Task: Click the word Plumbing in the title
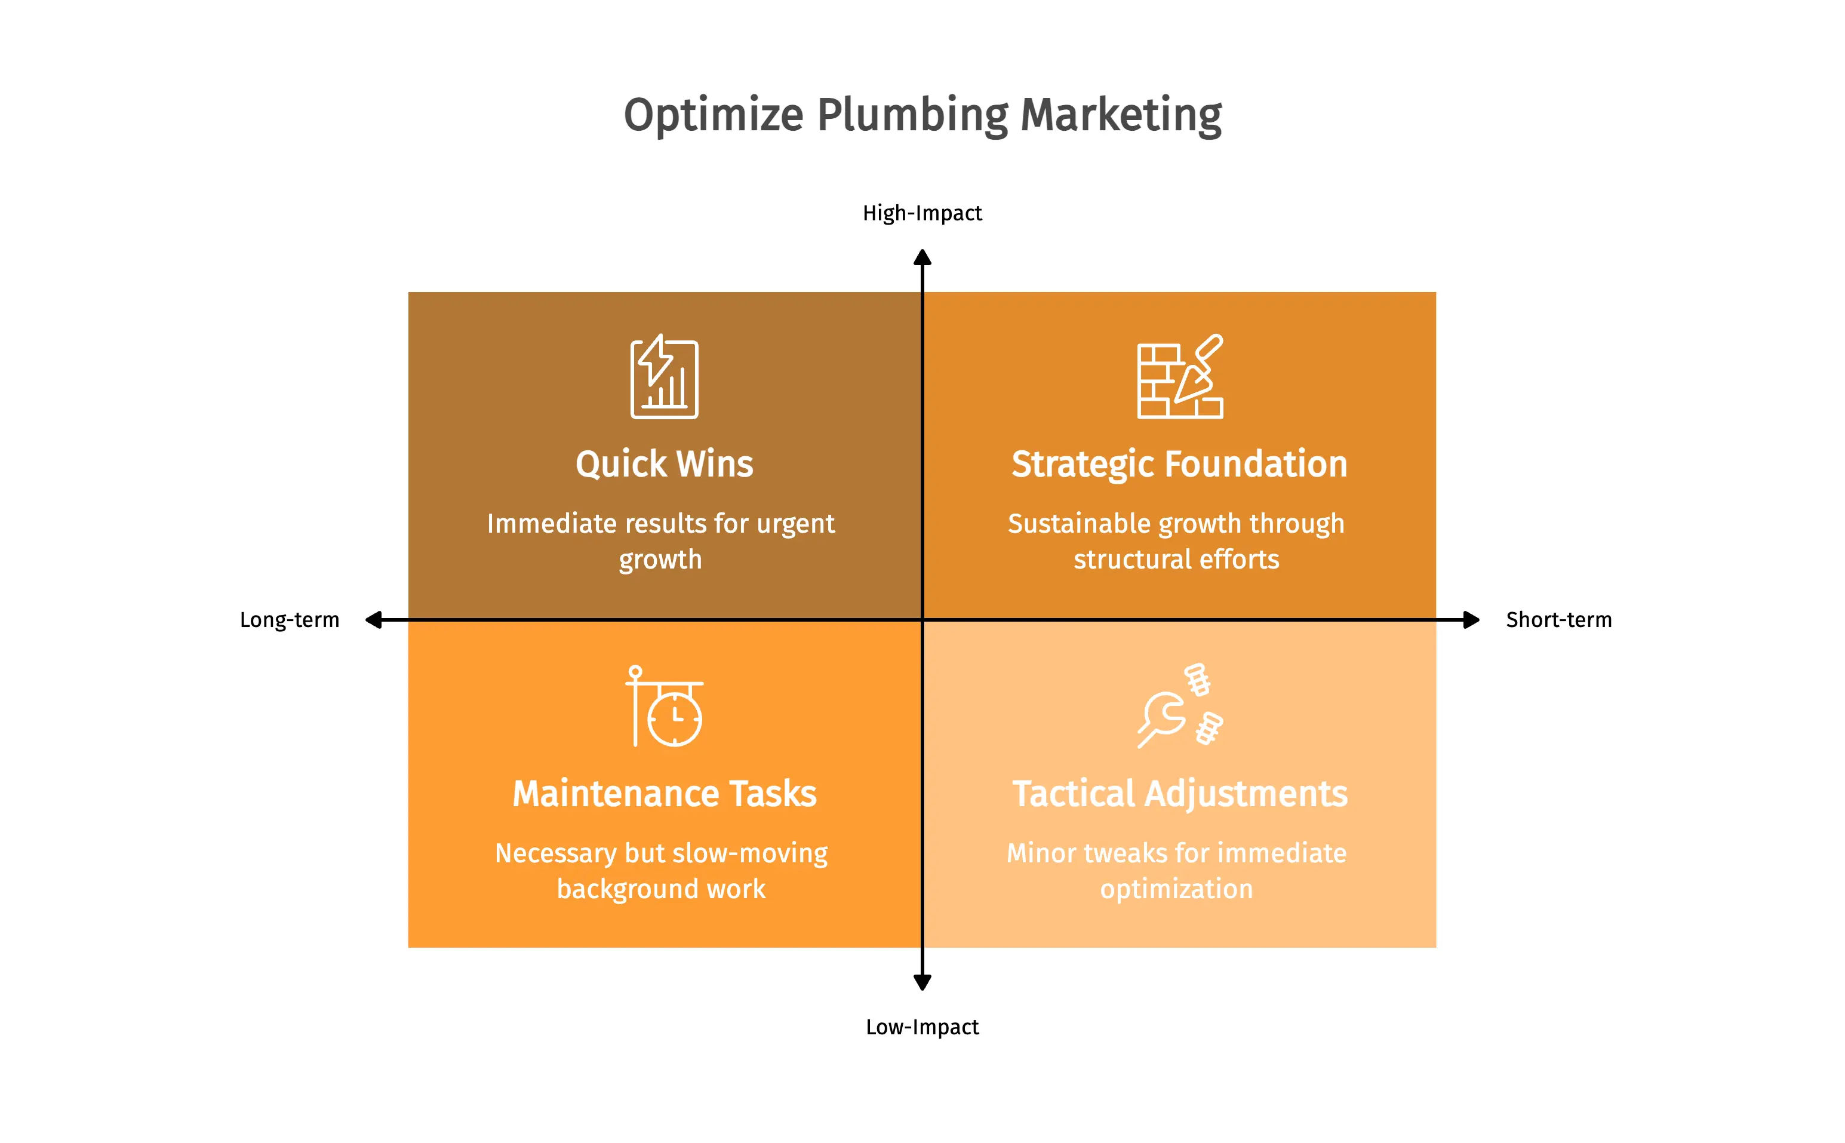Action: coord(912,116)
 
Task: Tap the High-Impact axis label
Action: coord(922,214)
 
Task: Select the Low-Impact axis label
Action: coord(922,1027)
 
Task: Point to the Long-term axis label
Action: coord(290,620)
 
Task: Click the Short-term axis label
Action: coord(1558,620)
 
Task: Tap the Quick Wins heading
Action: coord(665,464)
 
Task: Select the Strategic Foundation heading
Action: coord(1179,464)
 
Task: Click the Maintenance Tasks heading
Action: coord(665,794)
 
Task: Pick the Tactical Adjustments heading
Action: coord(1180,794)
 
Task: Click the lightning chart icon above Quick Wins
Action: coord(665,376)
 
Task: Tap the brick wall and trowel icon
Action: coord(1180,376)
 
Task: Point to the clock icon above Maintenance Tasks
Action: coord(665,706)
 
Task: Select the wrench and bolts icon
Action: coord(1180,706)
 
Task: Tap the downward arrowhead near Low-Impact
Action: coord(922,982)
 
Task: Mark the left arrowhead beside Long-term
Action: coord(373,620)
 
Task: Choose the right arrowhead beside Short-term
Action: coord(1471,620)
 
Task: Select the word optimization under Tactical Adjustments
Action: coord(1176,890)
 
